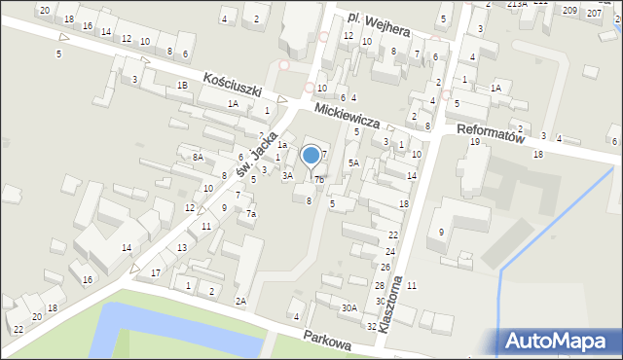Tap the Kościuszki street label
(x=233, y=86)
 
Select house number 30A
(x=348, y=308)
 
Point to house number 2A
(x=240, y=301)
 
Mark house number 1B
(x=182, y=86)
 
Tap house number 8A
(x=198, y=157)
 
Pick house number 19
(x=475, y=142)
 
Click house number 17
(x=156, y=272)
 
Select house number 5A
(x=354, y=163)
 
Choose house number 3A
(x=287, y=176)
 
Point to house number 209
(x=568, y=11)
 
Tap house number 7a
(x=250, y=214)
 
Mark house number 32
(x=371, y=327)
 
